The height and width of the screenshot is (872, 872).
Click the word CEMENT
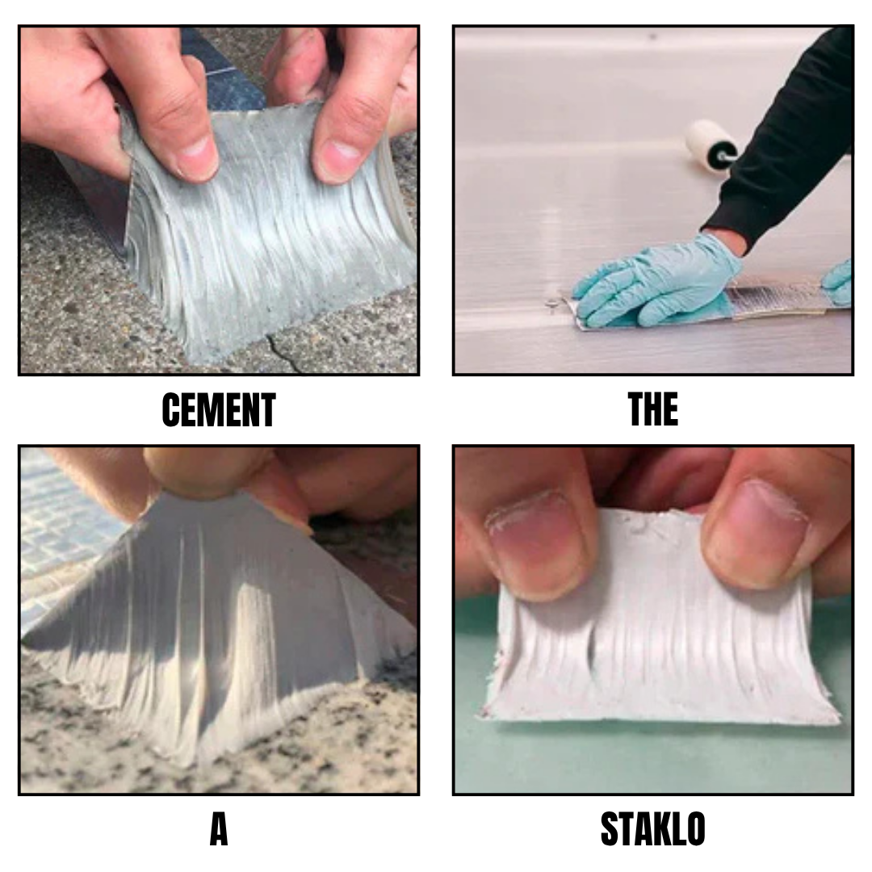coord(219,410)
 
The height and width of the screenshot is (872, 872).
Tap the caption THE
coord(653,409)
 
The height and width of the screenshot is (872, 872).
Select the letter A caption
coord(219,829)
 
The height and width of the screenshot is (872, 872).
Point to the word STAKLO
coord(653,829)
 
